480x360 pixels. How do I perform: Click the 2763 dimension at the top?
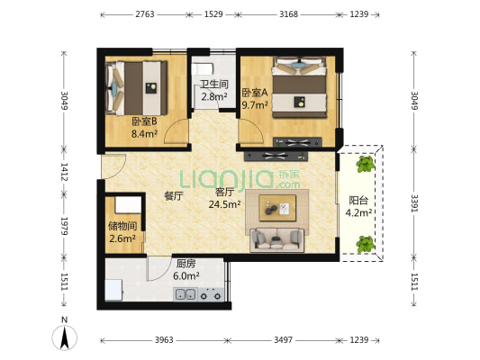click(145, 14)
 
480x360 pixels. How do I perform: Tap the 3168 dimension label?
click(288, 14)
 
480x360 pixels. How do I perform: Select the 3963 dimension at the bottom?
click(164, 340)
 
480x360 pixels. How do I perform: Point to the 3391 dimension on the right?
click(414, 203)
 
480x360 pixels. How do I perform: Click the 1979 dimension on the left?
click(64, 226)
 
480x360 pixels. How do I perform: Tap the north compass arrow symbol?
click(64, 337)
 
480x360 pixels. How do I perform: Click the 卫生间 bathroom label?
click(214, 84)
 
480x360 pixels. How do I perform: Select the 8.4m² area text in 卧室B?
click(144, 134)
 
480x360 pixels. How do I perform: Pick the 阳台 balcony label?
click(358, 201)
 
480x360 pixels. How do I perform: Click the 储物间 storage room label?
click(122, 226)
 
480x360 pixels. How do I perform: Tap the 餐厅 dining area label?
click(174, 196)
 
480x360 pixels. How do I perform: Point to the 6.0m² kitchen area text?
click(186, 276)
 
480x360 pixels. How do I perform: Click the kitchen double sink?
click(186, 294)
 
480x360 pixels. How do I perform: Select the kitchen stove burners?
click(211, 294)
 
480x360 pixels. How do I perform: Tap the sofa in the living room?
click(277, 240)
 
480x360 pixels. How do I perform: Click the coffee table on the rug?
click(277, 208)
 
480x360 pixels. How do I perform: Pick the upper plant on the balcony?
click(366, 164)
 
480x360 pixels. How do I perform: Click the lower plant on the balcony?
click(366, 244)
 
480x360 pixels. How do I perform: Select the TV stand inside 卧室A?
click(297, 142)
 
